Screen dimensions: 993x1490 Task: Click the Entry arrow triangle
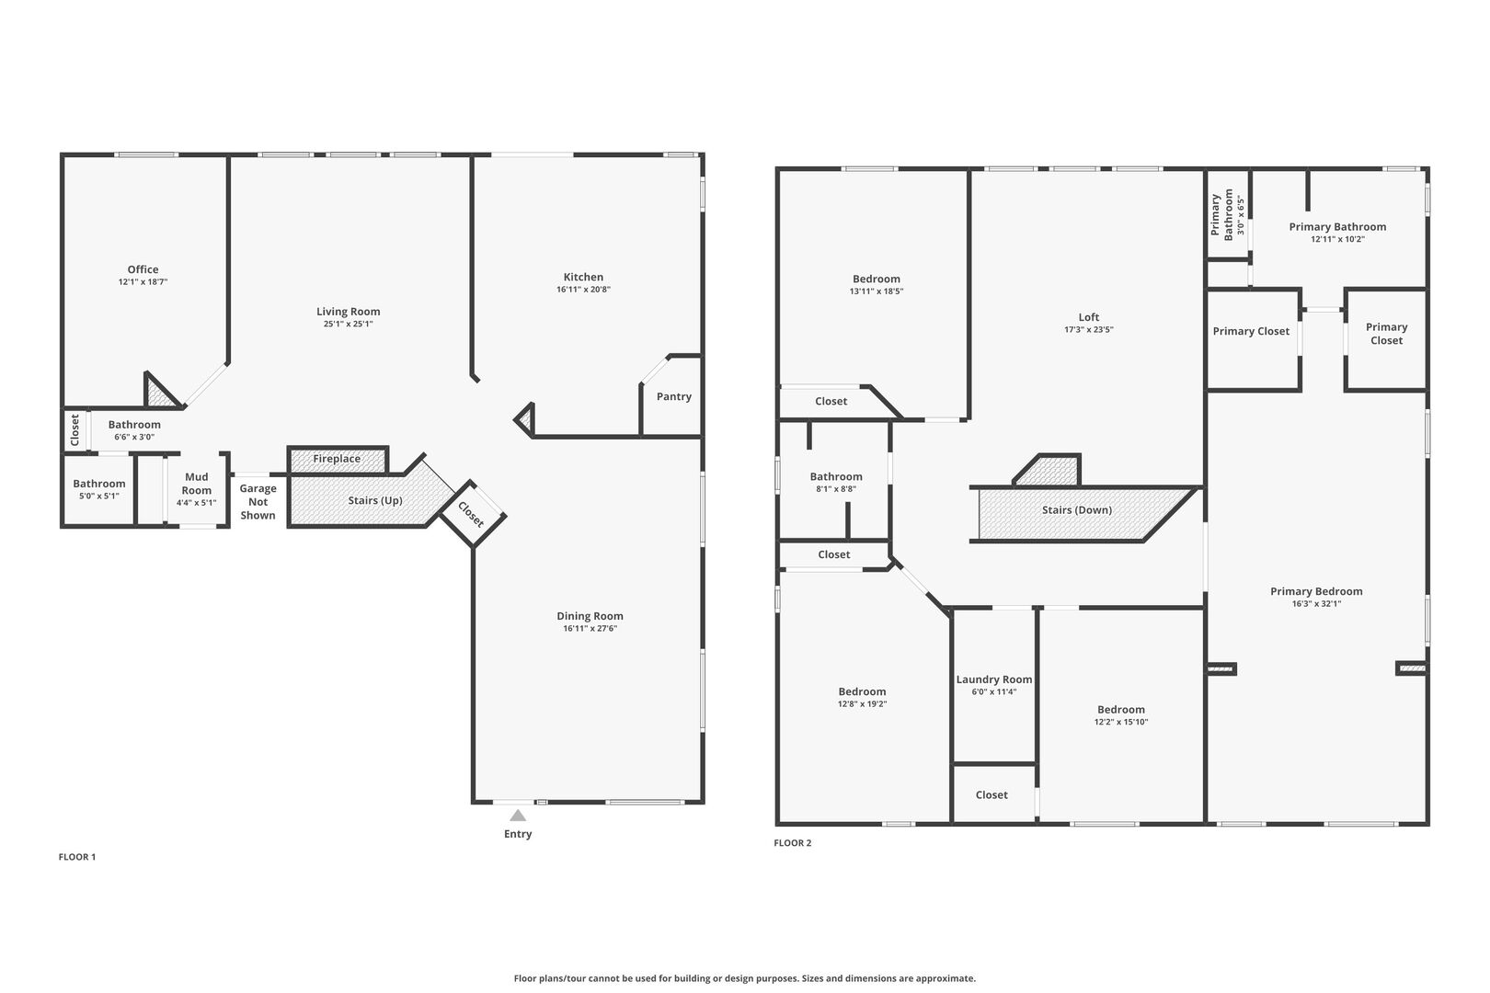pos(518,816)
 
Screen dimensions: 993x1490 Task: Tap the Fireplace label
pos(337,459)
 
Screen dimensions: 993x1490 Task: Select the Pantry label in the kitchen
pos(674,396)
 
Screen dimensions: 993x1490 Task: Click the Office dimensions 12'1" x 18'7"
pos(143,282)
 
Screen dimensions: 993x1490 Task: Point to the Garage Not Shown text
pos(258,502)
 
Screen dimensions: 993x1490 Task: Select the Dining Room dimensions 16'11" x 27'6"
pos(590,629)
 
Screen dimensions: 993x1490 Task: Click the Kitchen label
pos(583,277)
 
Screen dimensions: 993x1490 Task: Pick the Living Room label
pos(348,312)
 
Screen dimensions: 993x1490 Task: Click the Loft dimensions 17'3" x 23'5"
pos(1088,329)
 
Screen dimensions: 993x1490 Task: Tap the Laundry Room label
pos(993,679)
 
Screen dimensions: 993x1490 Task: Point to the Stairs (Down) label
pos(1076,510)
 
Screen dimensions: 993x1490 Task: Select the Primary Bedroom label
pos(1316,591)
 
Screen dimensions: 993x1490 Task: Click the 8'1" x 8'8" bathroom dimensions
pos(836,489)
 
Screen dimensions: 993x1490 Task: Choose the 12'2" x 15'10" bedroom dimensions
pos(1120,722)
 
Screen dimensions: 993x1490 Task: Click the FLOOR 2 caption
pos(793,843)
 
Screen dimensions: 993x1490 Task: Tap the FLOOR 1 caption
pos(77,857)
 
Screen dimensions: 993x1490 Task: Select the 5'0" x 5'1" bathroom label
pos(99,484)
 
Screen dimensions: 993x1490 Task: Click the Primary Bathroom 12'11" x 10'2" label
pos(1337,227)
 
